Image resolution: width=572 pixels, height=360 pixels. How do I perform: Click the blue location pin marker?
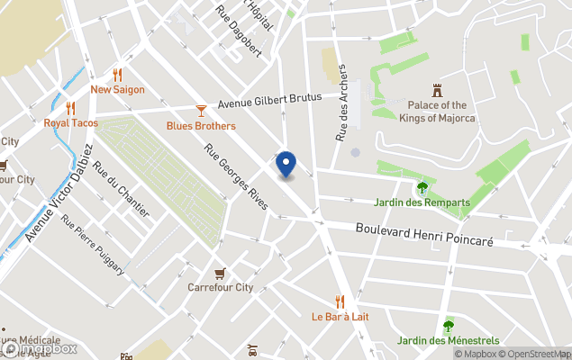286,164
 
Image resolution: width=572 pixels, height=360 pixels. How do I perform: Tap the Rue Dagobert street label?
239,31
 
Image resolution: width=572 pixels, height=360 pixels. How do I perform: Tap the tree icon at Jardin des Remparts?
422,187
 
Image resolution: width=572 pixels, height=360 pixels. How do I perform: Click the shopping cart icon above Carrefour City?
220,273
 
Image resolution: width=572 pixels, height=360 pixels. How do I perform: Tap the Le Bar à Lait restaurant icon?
340,301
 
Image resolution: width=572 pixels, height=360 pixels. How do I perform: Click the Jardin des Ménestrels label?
448,341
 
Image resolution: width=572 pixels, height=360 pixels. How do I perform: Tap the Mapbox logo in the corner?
40,348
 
